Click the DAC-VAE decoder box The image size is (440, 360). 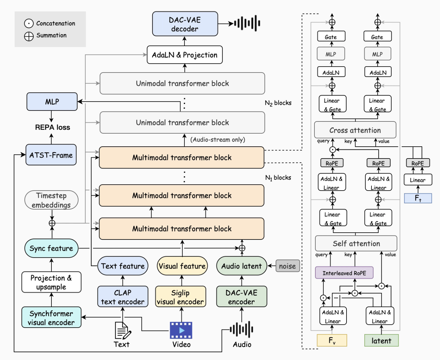click(x=185, y=24)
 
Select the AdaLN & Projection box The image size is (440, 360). click(x=184, y=55)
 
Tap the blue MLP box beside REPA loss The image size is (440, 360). click(x=52, y=102)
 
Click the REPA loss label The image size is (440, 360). click(x=52, y=127)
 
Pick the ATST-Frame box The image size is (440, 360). click(x=51, y=155)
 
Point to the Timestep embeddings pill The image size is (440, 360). click(x=51, y=200)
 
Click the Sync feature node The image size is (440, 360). click(x=51, y=248)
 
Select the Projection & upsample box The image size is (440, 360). click(x=51, y=282)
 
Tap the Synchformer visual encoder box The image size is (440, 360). click(x=51, y=317)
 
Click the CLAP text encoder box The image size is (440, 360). click(x=122, y=297)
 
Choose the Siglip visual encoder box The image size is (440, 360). click(x=180, y=297)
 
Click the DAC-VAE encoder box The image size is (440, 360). click(x=242, y=297)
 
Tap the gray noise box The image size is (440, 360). click(x=287, y=266)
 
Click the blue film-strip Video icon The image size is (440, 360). click(x=181, y=330)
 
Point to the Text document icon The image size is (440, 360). click(x=122, y=330)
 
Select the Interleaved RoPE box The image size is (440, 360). click(x=344, y=273)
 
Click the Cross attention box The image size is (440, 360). click(x=355, y=130)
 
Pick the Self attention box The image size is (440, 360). click(x=356, y=243)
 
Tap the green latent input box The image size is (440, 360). click(x=381, y=340)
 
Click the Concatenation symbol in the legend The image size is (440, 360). click(x=29, y=23)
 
